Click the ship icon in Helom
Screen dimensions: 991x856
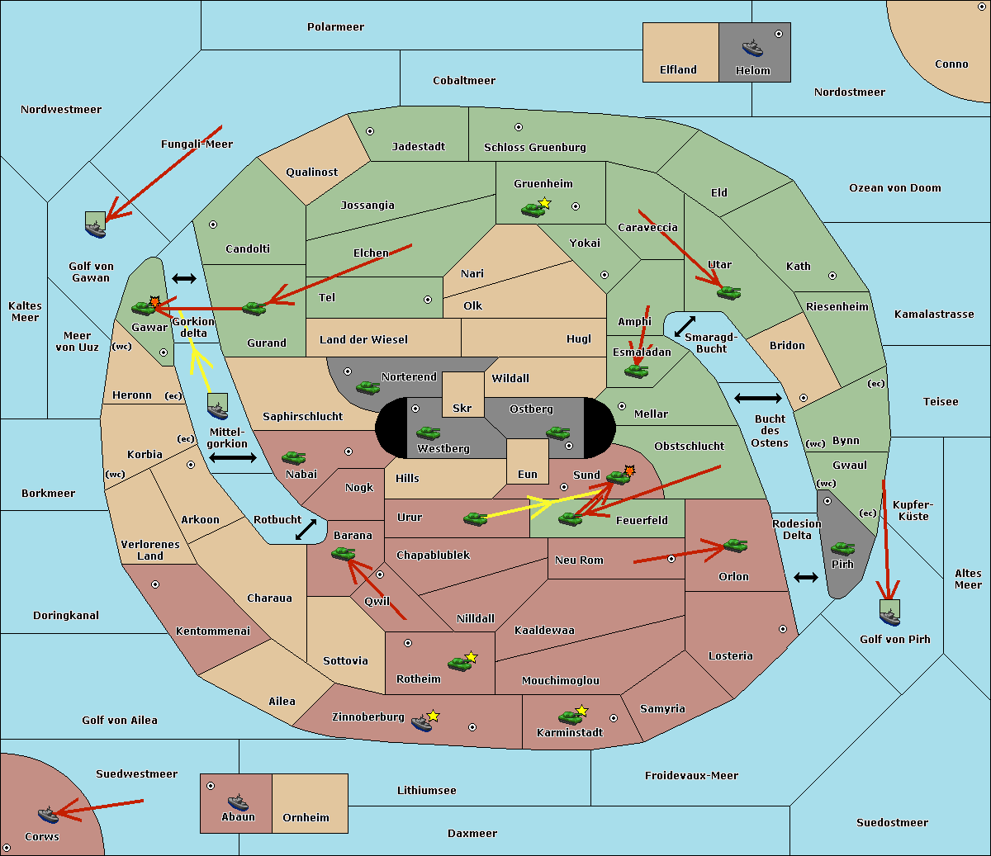click(752, 48)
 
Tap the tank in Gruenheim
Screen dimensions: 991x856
click(533, 210)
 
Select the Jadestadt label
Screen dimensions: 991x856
click(419, 147)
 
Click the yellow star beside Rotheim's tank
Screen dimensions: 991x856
click(472, 656)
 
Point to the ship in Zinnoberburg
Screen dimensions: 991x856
click(422, 723)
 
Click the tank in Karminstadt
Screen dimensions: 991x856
click(570, 717)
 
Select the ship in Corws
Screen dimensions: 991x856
click(48, 815)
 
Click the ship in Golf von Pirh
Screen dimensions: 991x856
click(890, 617)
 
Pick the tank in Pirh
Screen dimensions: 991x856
click(842, 548)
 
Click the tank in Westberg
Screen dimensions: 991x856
click(428, 433)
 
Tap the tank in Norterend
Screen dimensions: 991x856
click(367, 387)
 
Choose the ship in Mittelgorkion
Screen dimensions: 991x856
click(218, 410)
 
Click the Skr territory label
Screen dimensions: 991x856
click(462, 408)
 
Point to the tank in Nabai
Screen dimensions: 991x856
click(293, 457)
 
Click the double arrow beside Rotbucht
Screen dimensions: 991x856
click(306, 529)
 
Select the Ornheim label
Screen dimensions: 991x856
click(306, 817)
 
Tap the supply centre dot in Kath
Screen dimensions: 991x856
click(832, 276)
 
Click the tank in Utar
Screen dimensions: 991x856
click(728, 292)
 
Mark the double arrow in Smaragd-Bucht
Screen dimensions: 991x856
click(685, 326)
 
